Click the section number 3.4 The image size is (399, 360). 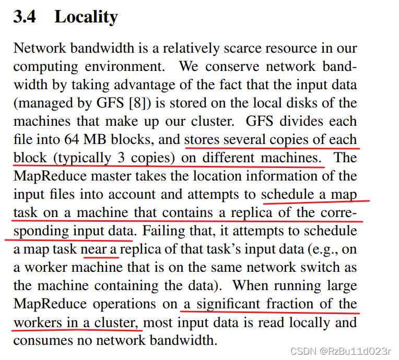[x=25, y=17]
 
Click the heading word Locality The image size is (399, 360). [x=86, y=17]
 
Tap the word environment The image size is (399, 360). [x=125, y=66]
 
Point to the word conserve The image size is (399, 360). [x=232, y=67]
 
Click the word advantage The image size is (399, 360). [x=145, y=85]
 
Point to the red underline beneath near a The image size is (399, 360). [x=101, y=257]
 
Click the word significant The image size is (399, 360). [x=229, y=304]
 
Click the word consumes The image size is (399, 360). [x=43, y=341]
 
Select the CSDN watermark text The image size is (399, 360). [x=341, y=351]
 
